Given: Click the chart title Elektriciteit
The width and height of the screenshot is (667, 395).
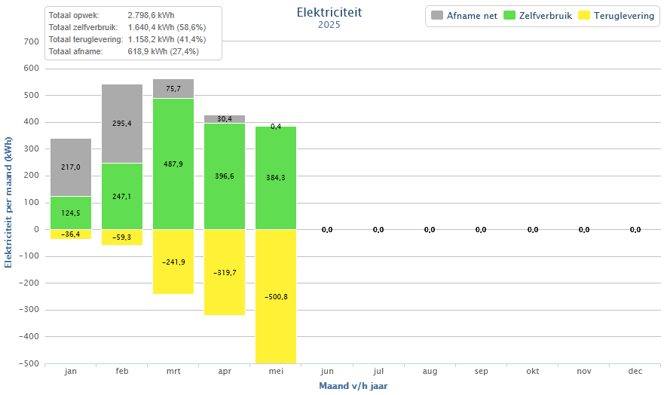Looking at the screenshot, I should tap(329, 12).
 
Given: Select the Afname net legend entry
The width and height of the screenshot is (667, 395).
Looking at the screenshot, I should tap(464, 16).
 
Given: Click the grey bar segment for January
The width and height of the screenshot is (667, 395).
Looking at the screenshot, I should tap(71, 167).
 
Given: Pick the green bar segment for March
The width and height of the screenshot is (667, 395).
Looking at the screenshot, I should tap(173, 164).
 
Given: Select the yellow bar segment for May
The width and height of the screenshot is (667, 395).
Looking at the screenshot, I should tap(276, 295).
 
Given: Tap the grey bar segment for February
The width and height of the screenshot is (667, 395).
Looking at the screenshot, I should tap(122, 124).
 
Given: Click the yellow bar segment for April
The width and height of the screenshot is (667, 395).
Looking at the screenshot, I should tap(225, 271).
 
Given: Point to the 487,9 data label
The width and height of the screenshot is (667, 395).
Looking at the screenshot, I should tap(173, 164).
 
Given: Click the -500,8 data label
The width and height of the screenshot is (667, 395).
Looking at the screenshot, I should tap(276, 296).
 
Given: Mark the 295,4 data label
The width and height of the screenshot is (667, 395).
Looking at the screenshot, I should tap(122, 124).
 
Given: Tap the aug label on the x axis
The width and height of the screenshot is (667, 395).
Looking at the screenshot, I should tap(430, 372).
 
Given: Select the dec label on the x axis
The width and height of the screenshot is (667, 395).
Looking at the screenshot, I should tap(635, 372).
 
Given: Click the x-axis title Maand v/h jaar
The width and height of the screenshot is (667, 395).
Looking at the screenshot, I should tap(353, 386).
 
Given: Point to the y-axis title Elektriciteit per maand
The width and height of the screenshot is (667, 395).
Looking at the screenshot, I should tap(8, 202).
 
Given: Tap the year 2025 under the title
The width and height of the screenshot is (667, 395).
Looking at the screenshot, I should tap(329, 25).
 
